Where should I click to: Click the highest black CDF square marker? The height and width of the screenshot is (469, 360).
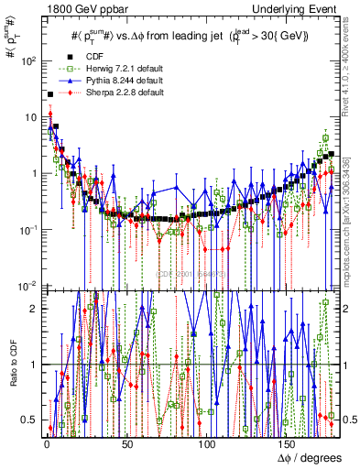[x=49, y=94]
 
